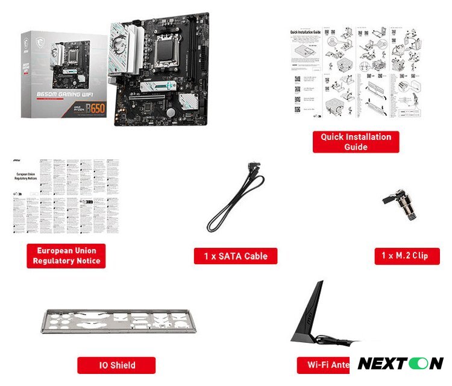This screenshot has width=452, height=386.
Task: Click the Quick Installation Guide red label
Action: tap(356, 142)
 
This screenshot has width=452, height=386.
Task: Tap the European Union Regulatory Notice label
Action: tap(66, 256)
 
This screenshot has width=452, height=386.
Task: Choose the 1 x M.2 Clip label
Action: tap(407, 256)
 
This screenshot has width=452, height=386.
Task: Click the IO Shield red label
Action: tap(116, 365)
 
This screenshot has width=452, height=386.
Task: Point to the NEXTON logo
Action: tap(401, 363)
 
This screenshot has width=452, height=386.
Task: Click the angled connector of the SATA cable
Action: tap(254, 169)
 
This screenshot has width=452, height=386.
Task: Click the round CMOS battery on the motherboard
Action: tap(171, 113)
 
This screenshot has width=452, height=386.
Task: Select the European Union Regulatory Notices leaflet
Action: tap(66, 196)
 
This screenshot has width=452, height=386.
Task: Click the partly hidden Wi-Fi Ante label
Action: tap(325, 364)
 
